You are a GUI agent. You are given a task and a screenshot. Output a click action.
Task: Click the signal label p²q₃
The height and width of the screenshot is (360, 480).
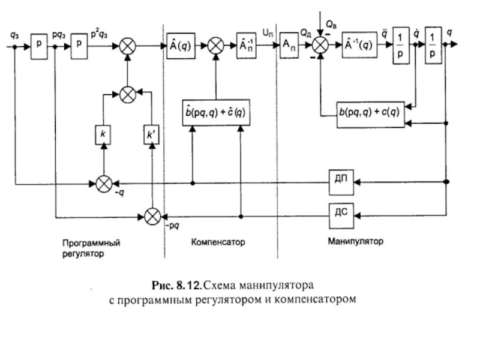pos(100,34)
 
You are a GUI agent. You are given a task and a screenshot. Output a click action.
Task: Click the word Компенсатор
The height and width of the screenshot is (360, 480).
pos(219,244)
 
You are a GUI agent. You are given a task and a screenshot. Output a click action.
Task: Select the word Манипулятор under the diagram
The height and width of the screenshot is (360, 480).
pos(355,243)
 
